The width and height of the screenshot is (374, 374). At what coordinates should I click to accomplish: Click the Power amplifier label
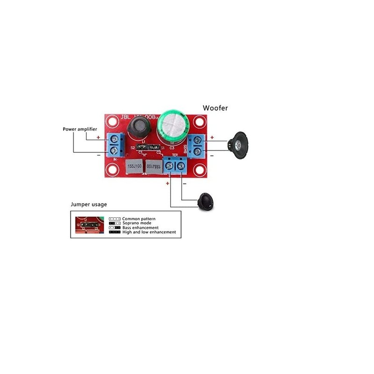click(x=80, y=129)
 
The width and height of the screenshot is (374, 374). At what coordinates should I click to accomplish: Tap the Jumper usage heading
click(x=89, y=204)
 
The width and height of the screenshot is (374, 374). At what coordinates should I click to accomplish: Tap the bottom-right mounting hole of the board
click(x=199, y=172)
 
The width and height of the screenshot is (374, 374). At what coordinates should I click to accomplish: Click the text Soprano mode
click(x=137, y=223)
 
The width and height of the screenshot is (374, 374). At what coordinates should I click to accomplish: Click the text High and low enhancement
click(x=149, y=232)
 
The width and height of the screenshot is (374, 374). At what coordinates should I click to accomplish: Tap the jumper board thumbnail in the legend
click(x=88, y=225)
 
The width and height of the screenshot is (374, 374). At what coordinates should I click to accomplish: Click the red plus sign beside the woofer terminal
click(x=212, y=137)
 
